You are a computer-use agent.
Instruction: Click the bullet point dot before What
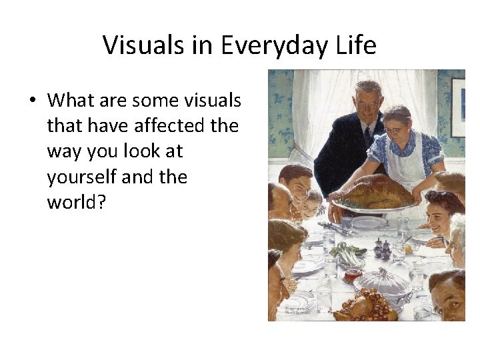(x=32, y=101)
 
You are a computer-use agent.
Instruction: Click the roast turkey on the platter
(x=376, y=193)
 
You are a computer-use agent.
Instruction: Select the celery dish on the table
(x=347, y=255)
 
